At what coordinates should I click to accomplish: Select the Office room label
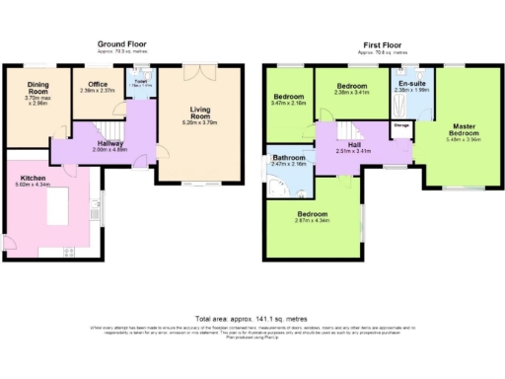pyautogui.click(x=97, y=86)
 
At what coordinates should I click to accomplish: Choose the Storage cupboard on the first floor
pyautogui.click(x=401, y=126)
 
